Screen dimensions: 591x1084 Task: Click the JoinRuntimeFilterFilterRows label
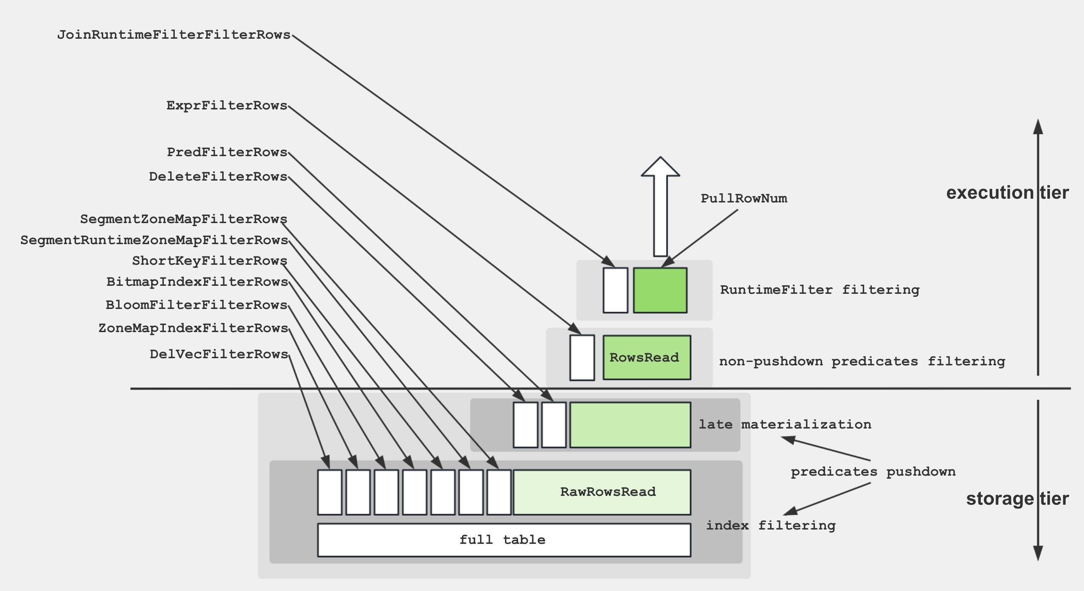coord(174,35)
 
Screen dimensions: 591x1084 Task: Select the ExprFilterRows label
coord(227,106)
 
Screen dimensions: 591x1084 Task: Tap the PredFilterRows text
coord(227,152)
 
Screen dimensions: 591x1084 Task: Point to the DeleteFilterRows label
coord(218,177)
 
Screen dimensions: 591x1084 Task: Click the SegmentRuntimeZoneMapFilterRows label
coord(154,240)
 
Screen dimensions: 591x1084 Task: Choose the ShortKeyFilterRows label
coord(209,261)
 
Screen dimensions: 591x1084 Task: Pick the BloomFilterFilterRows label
coord(196,305)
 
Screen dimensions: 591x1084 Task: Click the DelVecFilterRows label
coord(219,354)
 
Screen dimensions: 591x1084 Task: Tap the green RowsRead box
coord(646,358)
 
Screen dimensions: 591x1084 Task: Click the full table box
coord(504,540)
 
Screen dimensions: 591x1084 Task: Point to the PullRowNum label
coord(744,199)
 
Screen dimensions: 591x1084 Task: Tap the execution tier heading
coord(1007,193)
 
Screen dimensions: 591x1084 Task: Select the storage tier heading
coord(1017,499)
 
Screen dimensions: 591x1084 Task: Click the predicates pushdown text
coord(873,472)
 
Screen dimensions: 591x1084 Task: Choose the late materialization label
coord(785,424)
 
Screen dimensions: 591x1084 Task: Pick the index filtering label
coord(771,526)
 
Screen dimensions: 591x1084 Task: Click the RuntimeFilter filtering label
coord(820,290)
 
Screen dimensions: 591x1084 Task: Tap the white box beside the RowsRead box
coord(582,358)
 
